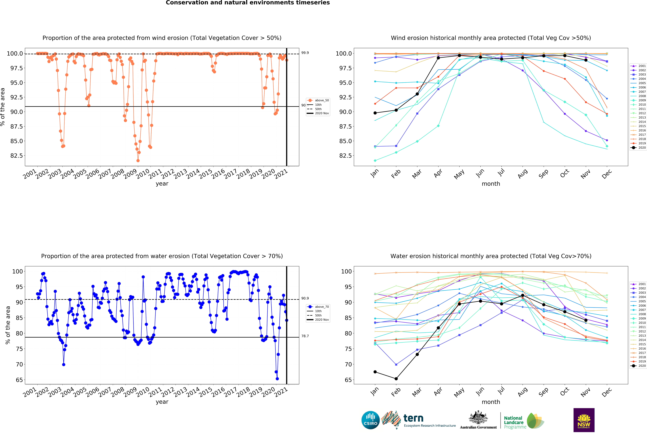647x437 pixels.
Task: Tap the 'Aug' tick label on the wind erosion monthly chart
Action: [x=523, y=173]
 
